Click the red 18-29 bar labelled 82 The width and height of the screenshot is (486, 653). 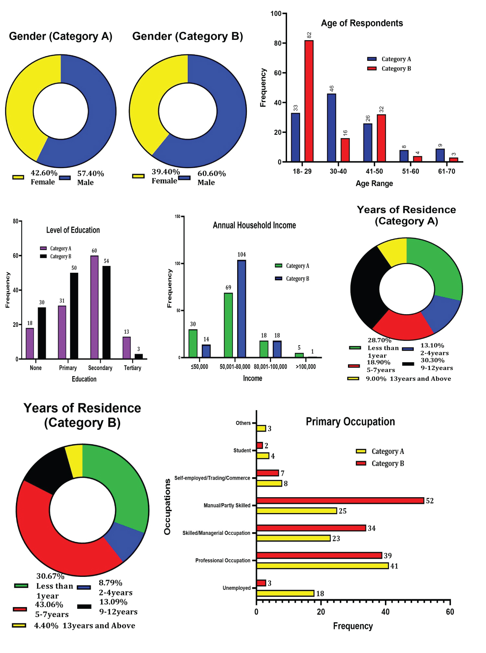[x=309, y=101]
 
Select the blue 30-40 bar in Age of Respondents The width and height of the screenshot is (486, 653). [x=331, y=128]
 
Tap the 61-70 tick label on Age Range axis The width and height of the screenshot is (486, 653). [x=446, y=171]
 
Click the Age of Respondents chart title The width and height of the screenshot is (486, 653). [x=362, y=23]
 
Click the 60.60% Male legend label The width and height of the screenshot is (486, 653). [x=211, y=178]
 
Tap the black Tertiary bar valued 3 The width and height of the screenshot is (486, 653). [x=139, y=356]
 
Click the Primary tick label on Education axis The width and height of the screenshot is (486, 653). [x=68, y=368]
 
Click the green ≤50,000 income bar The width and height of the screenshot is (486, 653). [x=193, y=343]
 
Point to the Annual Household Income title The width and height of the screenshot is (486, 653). [x=254, y=225]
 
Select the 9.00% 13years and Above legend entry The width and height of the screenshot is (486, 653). [x=408, y=379]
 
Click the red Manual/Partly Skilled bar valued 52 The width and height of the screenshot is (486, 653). [x=340, y=500]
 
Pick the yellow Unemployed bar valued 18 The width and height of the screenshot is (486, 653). [x=285, y=593]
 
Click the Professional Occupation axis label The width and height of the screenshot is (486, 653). [x=223, y=560]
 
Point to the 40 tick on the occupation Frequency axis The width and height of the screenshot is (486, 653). [x=386, y=612]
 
